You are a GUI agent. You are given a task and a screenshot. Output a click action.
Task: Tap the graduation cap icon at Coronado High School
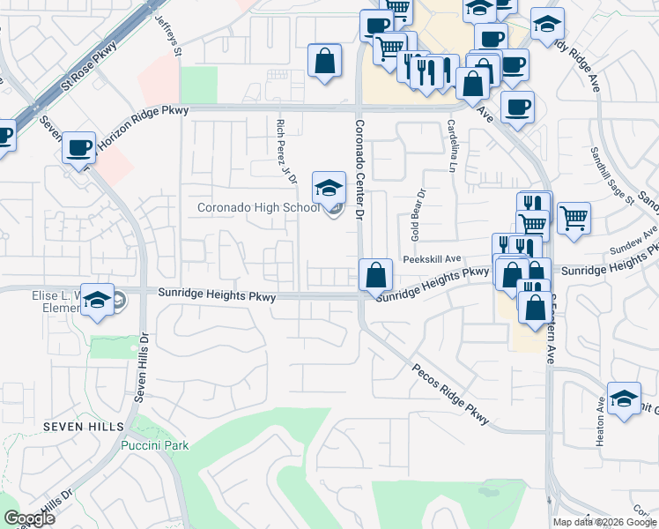pyautogui.click(x=329, y=187)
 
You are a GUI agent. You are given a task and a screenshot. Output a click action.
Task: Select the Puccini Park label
pyautogui.click(x=156, y=445)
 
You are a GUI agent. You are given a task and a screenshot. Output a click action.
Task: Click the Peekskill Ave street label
pyautogui.click(x=433, y=259)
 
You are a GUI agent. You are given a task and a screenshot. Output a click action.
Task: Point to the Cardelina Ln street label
pyautogui.click(x=452, y=145)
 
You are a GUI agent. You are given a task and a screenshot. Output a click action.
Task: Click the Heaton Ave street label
pyautogui.click(x=601, y=421)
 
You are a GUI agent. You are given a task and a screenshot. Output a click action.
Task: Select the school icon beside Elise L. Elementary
pyautogui.click(x=97, y=301)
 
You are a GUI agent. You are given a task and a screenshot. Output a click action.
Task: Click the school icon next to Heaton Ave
pyautogui.click(x=624, y=398)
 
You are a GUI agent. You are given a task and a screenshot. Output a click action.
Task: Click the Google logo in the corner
pyautogui.click(x=28, y=518)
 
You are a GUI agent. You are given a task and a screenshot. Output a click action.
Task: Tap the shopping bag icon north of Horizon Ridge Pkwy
pyautogui.click(x=324, y=61)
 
